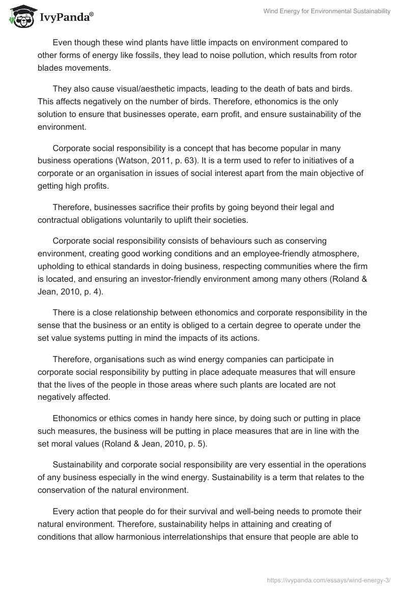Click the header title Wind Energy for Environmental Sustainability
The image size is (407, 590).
pos(326,12)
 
